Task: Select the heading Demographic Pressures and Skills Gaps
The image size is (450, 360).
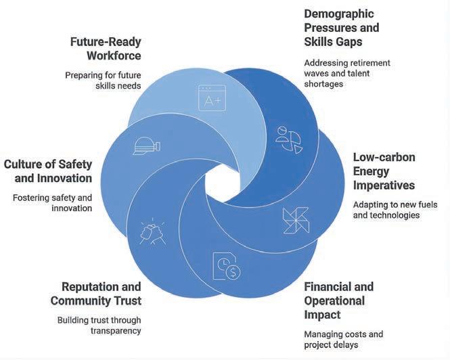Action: (x=342, y=28)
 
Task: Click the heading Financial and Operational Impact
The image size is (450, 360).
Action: (x=338, y=300)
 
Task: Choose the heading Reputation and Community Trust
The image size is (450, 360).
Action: (x=101, y=293)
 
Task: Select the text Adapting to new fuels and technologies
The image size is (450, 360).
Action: (x=395, y=210)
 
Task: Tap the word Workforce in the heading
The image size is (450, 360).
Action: (x=113, y=55)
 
